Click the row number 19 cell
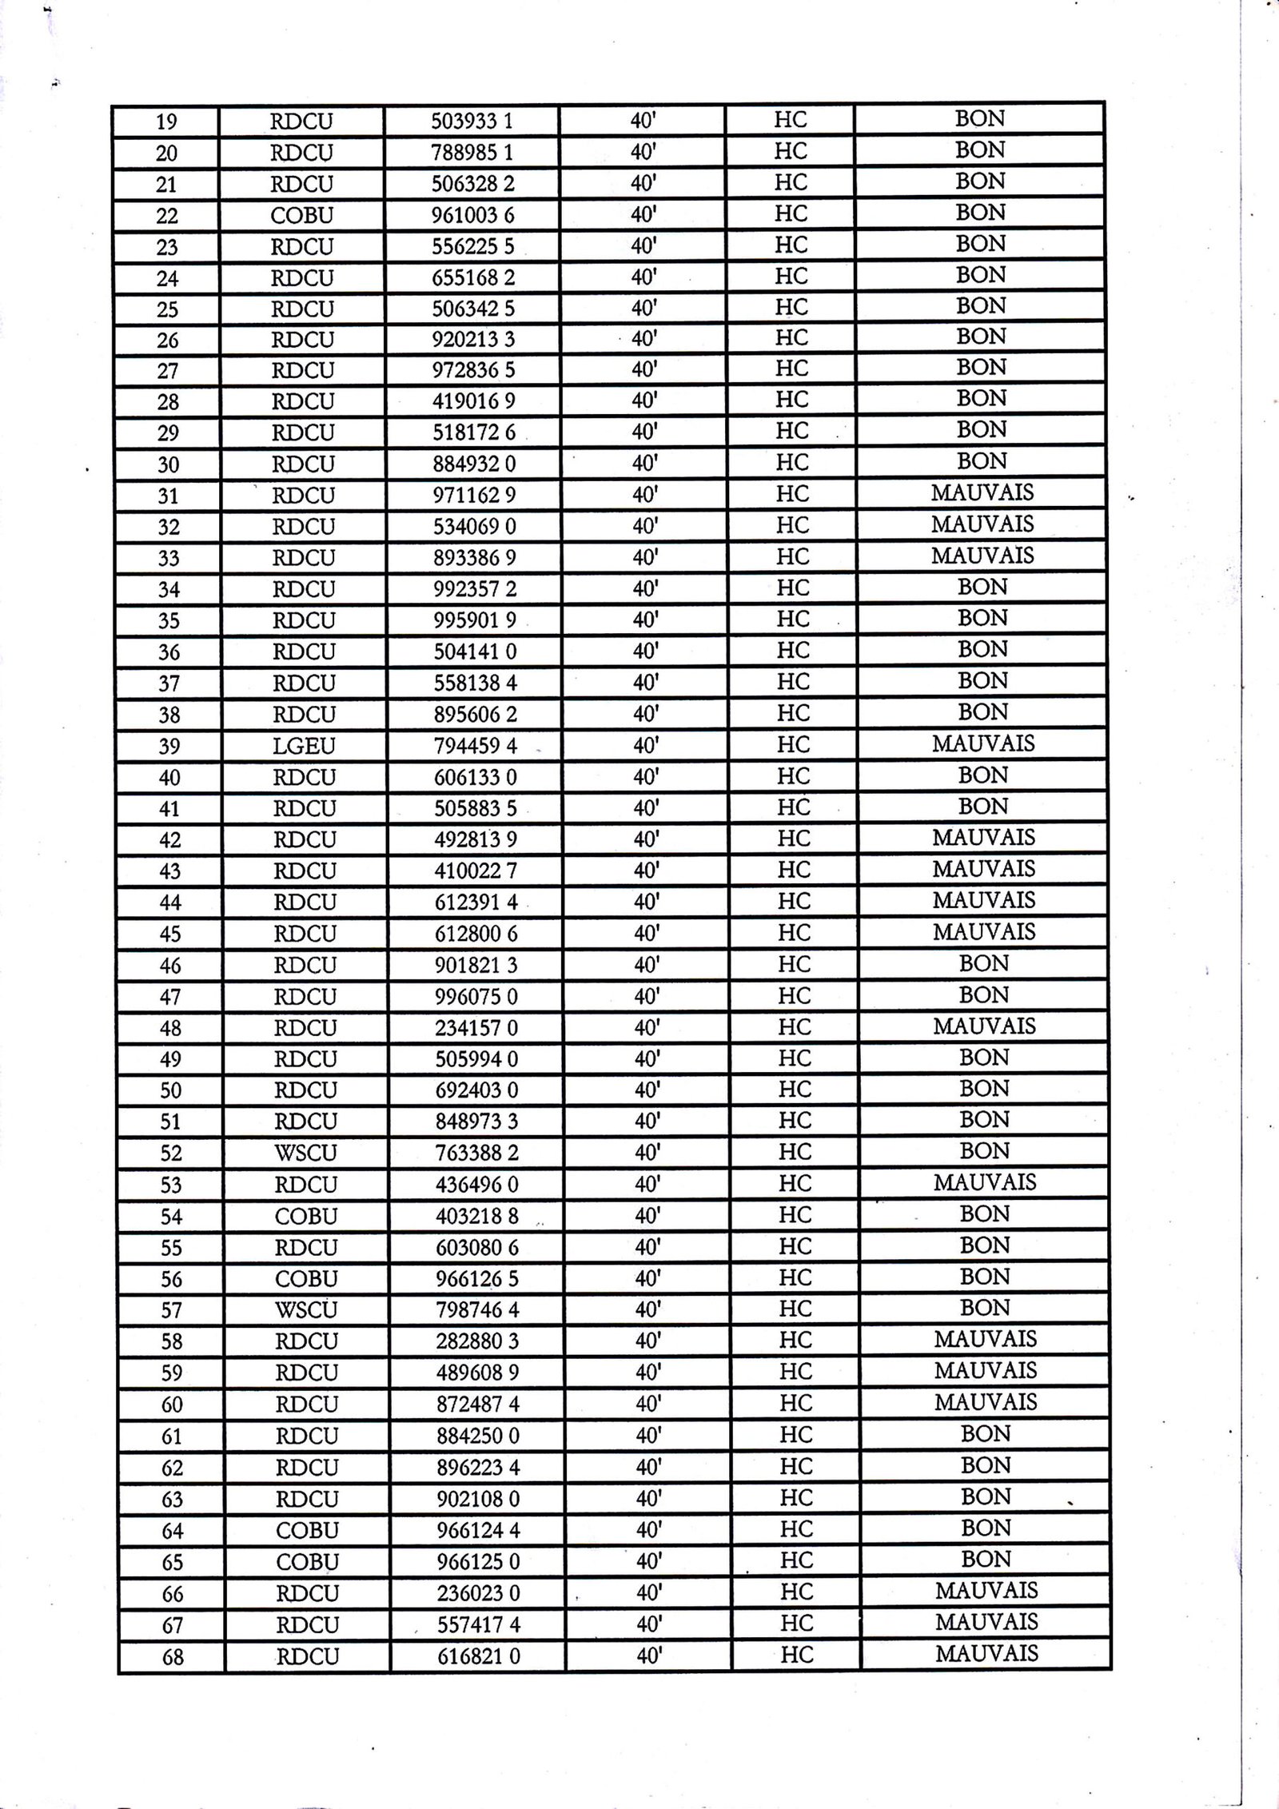166,122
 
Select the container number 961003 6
473,215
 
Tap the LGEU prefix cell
304,746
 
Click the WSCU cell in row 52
305,1153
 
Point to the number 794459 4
476,746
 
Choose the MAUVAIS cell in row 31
982,492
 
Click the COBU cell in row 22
302,215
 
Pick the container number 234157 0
476,1028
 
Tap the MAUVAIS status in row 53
984,1182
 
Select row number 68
173,1657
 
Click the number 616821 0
478,1657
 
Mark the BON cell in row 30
982,461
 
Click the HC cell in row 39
793,744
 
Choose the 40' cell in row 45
646,933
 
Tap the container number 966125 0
478,1562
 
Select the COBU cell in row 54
306,1216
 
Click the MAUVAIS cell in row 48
984,1026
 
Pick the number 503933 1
472,122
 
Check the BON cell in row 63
986,1497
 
